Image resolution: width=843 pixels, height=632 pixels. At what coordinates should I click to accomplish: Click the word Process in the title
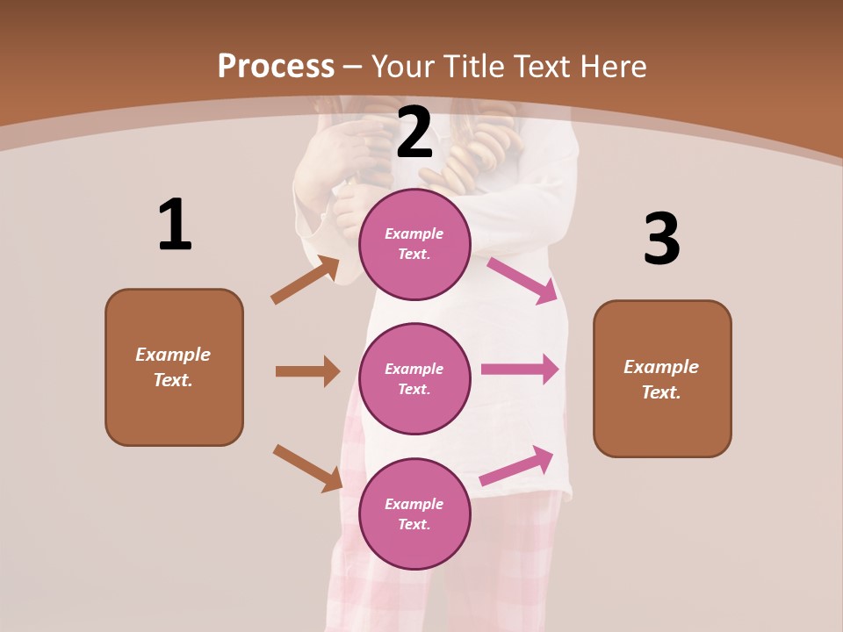pyautogui.click(x=276, y=67)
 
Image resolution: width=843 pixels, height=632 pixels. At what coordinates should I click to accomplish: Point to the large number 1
pyautogui.click(x=175, y=226)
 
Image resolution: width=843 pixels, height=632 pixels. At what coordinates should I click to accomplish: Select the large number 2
pyautogui.click(x=414, y=133)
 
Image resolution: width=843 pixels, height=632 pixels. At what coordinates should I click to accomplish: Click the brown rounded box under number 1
pyautogui.click(x=174, y=367)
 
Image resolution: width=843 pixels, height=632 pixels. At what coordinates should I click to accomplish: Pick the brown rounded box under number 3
pyautogui.click(x=662, y=379)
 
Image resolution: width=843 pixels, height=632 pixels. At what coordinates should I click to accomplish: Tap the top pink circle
pyautogui.click(x=414, y=244)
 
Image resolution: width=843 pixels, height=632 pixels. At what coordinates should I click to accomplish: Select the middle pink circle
pyautogui.click(x=414, y=379)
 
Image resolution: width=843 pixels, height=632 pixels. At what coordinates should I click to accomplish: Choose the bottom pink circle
pyautogui.click(x=414, y=514)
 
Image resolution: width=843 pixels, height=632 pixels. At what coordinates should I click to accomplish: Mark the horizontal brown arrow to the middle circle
pyautogui.click(x=307, y=371)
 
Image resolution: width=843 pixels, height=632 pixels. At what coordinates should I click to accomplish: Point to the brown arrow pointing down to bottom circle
pyautogui.click(x=307, y=467)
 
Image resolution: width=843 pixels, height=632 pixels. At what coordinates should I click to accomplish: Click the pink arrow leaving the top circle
pyautogui.click(x=522, y=280)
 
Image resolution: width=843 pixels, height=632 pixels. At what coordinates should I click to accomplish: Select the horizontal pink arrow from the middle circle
pyautogui.click(x=520, y=370)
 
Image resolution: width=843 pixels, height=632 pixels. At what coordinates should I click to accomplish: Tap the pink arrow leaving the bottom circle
pyautogui.click(x=516, y=465)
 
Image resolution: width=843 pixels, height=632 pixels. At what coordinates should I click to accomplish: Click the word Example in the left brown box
pyautogui.click(x=173, y=355)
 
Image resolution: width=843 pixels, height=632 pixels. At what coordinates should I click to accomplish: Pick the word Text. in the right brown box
pyautogui.click(x=661, y=392)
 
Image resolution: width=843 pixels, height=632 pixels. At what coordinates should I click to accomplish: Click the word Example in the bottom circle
pyautogui.click(x=414, y=504)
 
